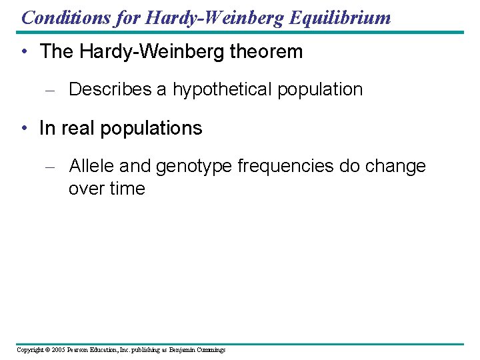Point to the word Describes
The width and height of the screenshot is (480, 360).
110,89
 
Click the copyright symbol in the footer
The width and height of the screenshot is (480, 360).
47,350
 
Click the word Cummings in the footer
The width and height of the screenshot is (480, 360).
210,350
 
